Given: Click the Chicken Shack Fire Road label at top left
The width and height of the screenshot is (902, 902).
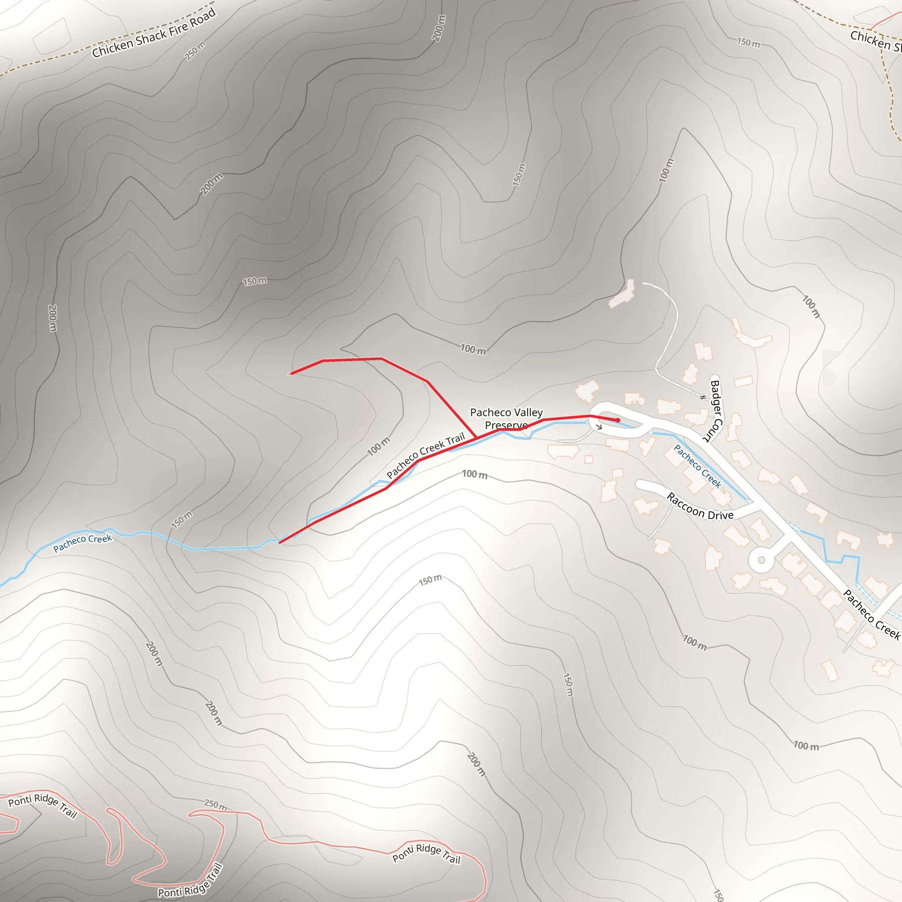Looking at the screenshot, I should tap(154, 33).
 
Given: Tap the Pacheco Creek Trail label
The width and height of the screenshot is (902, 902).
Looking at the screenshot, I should tap(425, 455).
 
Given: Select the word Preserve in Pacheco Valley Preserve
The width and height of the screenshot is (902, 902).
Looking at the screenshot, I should tap(506, 425).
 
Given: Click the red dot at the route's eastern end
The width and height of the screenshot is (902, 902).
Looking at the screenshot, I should tap(618, 420).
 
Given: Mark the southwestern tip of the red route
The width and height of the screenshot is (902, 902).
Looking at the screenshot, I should tap(280, 543).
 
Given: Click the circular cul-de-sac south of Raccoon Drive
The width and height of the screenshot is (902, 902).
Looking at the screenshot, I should tap(761, 560).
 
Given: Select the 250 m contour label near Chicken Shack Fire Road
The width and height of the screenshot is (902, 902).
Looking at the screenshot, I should tap(195, 51).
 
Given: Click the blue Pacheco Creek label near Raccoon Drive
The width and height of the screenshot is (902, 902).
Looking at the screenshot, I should tap(698, 466).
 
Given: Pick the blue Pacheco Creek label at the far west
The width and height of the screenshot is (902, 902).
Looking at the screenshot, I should tap(83, 543).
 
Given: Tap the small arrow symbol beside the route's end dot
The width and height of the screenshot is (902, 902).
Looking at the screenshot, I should tap(599, 426).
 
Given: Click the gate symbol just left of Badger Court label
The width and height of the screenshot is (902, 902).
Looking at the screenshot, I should tap(702, 397).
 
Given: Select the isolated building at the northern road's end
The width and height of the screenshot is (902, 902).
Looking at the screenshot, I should tap(622, 294).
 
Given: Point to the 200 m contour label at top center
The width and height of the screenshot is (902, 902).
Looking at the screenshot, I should tap(438, 28).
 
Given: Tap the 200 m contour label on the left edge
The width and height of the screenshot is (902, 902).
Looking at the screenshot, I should tap(53, 318).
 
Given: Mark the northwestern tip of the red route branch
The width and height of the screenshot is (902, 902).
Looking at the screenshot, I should tap(291, 373).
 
